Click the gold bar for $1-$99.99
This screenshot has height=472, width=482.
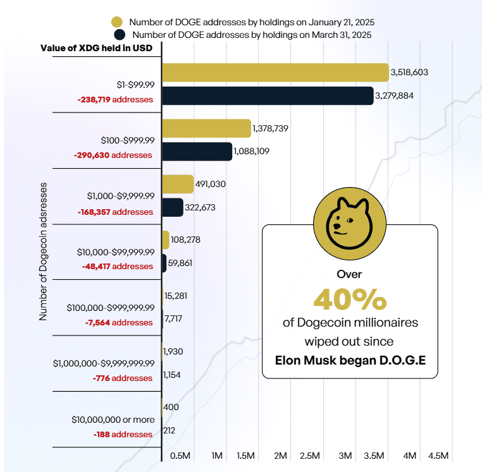275,72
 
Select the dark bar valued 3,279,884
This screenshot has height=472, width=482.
268,96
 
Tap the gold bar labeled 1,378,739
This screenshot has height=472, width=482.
207,128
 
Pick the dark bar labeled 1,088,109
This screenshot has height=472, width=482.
197,152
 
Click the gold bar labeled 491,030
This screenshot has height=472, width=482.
178,184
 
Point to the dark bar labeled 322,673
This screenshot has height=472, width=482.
173,207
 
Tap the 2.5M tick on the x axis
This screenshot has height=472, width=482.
310,456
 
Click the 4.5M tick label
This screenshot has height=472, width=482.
438,456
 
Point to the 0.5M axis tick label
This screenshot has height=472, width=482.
181,456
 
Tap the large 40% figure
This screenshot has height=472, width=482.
350,298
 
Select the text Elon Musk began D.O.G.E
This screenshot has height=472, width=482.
350,361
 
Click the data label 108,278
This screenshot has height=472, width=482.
186,240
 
